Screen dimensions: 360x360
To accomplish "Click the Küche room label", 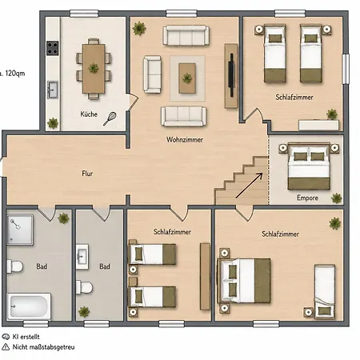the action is (x=89, y=114).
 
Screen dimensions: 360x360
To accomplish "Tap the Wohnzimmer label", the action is (x=185, y=139).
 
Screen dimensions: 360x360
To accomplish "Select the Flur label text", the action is (x=87, y=174).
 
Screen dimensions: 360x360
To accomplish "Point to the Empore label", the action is (x=307, y=198).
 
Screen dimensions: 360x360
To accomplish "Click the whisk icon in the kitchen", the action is (x=110, y=118).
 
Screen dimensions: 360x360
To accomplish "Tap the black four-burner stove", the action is (x=53, y=48).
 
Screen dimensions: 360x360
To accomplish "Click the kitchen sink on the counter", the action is (x=53, y=90).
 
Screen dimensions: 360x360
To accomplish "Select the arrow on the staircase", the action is (x=249, y=186).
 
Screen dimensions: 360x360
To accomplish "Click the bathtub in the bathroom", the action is (x=29, y=306).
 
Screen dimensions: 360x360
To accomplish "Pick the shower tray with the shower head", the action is (x=20, y=230).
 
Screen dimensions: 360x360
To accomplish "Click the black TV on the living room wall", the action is (x=231, y=75).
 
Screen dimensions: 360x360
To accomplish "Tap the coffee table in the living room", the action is (x=187, y=78).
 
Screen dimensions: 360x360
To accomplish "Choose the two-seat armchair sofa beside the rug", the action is (x=152, y=74).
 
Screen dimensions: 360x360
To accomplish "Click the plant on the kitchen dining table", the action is (x=94, y=68).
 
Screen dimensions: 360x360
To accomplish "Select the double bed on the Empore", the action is (x=309, y=166).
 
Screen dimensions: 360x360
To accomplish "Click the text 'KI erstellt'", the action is (x=26, y=337).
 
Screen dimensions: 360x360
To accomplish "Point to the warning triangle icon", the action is (x=6, y=347).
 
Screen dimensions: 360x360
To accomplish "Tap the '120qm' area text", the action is (x=15, y=74).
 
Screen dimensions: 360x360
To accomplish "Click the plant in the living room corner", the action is (x=139, y=29).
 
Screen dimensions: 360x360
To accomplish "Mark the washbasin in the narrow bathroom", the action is (x=82, y=257).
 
